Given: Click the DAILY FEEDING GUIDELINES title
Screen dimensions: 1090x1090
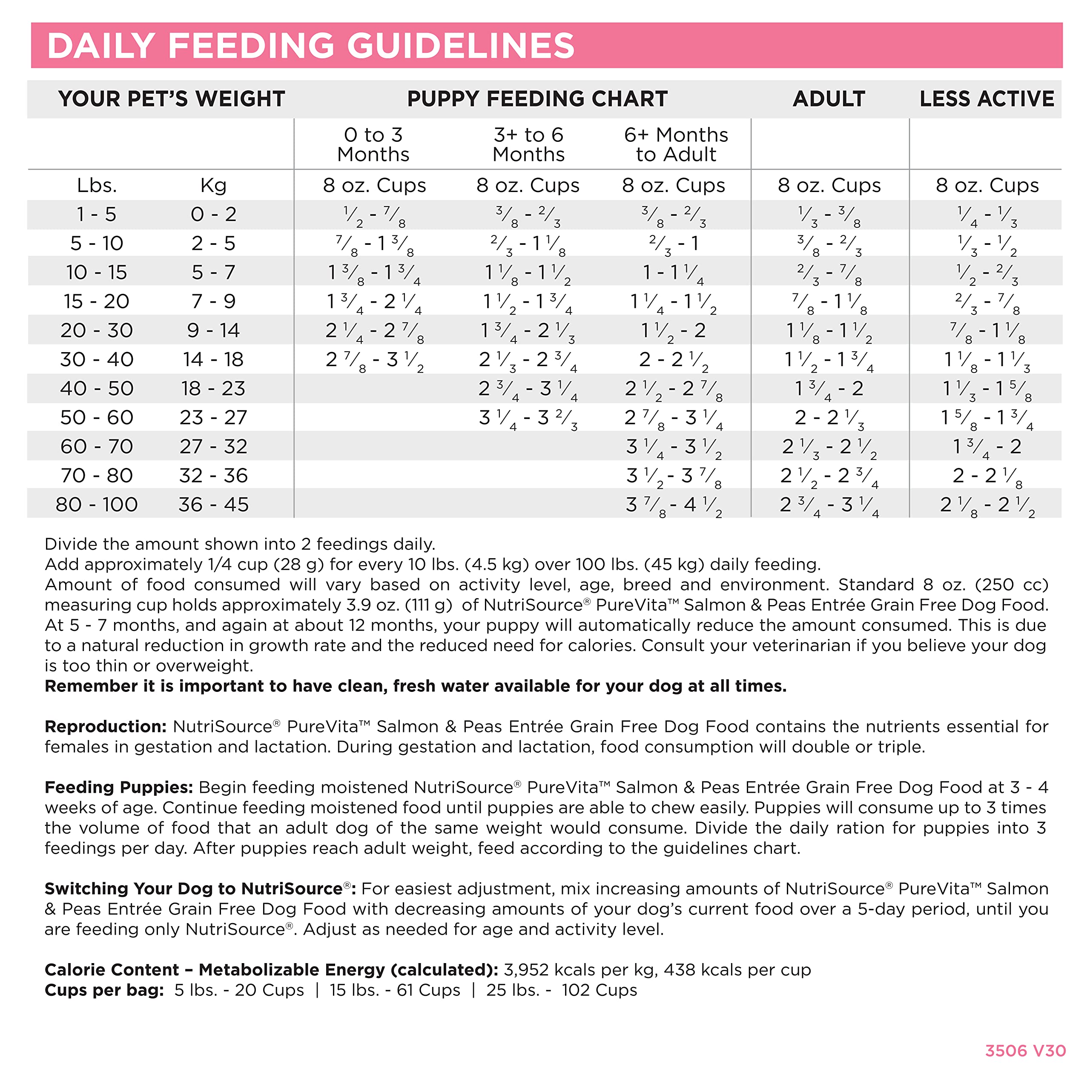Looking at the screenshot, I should tap(310, 46).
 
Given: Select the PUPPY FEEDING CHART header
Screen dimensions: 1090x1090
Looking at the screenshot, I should tap(537, 99).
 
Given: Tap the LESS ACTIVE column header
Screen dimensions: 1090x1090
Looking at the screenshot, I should tap(986, 99).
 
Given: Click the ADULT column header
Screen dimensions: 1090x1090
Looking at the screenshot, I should tap(829, 99).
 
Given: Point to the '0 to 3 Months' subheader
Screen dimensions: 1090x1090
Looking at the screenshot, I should tap(373, 144).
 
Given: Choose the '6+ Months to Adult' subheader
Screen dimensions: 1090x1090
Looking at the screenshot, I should tap(676, 144).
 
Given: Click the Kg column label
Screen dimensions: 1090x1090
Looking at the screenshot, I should tap(213, 186).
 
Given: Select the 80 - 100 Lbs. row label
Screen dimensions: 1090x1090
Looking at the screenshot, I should tap(97, 505).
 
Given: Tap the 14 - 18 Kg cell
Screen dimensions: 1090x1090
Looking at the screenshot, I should tap(213, 359).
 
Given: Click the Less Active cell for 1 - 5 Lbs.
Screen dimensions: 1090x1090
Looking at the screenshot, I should tap(986, 215).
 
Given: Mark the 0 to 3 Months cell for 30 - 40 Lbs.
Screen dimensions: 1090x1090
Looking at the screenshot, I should tap(375, 360).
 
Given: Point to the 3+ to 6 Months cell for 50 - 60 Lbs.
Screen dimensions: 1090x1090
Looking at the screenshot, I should tap(528, 418).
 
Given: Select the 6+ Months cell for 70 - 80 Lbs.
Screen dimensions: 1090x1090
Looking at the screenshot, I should tap(674, 476).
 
